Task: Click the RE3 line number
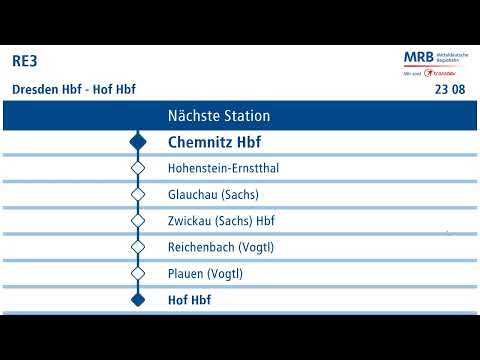(25, 61)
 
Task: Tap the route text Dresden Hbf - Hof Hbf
(73, 89)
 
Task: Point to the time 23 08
(450, 90)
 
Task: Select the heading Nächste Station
(219, 116)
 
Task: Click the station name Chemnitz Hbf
(214, 142)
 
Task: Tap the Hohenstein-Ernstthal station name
(223, 168)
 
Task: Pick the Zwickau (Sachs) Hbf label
(221, 221)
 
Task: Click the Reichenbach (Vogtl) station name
(221, 247)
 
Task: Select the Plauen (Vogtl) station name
(205, 273)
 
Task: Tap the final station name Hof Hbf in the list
(189, 299)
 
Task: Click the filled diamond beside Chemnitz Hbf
(138, 142)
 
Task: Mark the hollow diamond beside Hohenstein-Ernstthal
(138, 168)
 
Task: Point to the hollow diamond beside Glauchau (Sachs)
(138, 194)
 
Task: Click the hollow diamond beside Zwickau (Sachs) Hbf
(138, 221)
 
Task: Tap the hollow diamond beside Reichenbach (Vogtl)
(138, 247)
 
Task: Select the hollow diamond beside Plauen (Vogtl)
(138, 273)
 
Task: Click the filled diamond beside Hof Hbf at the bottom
(138, 299)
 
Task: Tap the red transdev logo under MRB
(440, 73)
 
